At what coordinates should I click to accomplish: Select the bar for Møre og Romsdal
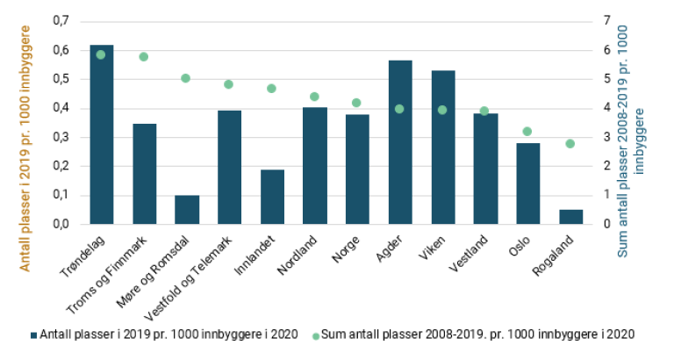(x=187, y=209)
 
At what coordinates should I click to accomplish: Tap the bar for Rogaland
(x=570, y=216)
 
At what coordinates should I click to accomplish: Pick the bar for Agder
(x=400, y=141)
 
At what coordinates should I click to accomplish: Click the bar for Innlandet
(x=272, y=196)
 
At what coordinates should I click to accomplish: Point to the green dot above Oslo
(x=527, y=132)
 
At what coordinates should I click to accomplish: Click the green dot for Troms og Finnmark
(x=144, y=56)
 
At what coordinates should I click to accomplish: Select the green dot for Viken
(x=442, y=110)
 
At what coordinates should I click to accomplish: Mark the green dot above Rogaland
(x=570, y=143)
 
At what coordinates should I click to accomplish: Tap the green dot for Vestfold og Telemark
(x=229, y=84)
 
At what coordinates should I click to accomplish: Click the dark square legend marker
(x=33, y=335)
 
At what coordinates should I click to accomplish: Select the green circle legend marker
(x=315, y=335)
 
